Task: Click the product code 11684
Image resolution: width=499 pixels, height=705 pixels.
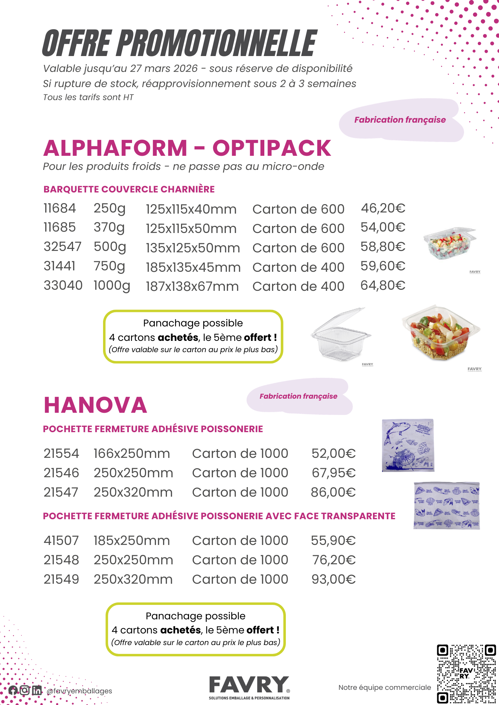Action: (60, 208)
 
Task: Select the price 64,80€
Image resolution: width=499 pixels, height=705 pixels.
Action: (383, 286)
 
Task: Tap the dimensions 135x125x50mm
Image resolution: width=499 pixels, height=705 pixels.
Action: (193, 248)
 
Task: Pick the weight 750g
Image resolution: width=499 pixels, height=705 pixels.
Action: (109, 266)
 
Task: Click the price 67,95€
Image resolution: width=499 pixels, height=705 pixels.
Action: (333, 473)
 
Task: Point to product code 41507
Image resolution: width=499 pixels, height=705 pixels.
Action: (61, 541)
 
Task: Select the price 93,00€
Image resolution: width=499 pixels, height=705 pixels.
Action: (333, 580)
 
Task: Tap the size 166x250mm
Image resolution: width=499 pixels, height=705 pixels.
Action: (132, 454)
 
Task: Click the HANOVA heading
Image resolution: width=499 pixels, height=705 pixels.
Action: (95, 405)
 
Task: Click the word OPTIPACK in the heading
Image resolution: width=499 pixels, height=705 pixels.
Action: (271, 148)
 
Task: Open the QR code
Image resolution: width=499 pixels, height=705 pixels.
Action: (466, 674)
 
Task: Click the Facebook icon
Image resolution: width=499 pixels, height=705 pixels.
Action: (13, 690)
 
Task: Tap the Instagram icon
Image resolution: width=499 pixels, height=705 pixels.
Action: (25, 690)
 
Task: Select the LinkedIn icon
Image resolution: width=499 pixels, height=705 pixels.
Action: (37, 690)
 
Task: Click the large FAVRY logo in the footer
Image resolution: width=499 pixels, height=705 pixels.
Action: (249, 687)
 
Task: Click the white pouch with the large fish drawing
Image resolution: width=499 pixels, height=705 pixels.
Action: (408, 445)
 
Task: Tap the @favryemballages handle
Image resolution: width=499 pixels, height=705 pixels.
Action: (79, 691)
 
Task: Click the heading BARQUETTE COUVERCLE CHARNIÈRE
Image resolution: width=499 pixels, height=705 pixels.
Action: (129, 189)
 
